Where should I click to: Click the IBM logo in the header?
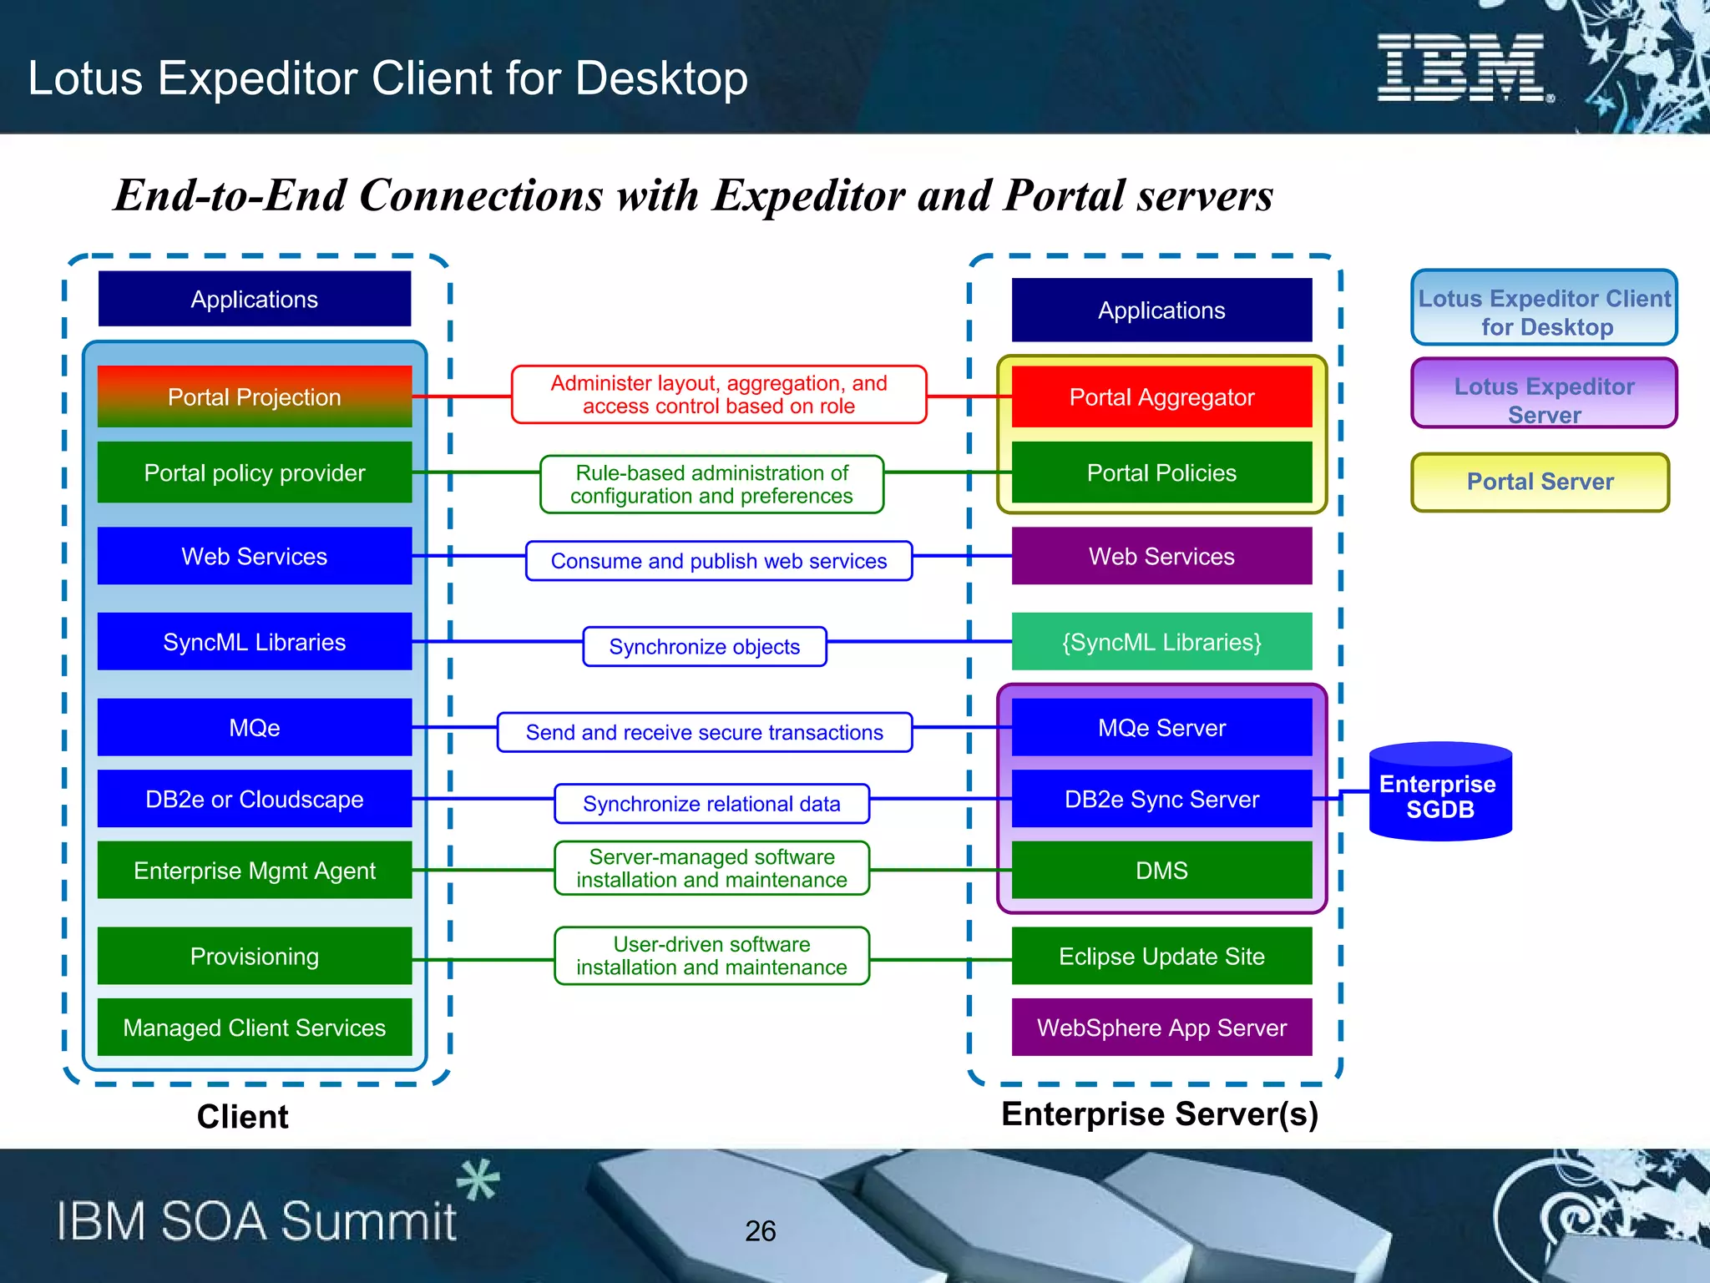tap(1463, 68)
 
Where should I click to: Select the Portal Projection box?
tap(255, 397)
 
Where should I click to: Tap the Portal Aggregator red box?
tap(1161, 397)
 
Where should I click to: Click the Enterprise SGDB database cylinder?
tap(1440, 793)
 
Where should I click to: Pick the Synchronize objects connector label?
tap(704, 647)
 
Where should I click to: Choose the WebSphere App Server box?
tap(1161, 1028)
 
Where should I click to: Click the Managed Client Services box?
tap(255, 1028)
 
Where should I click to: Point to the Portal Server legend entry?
tap(1540, 482)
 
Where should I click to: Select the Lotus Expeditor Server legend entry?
tap(1544, 393)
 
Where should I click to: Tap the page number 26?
tap(760, 1231)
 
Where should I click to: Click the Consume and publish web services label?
tap(718, 561)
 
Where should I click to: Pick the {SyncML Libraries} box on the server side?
tap(1161, 642)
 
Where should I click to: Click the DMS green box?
tap(1161, 871)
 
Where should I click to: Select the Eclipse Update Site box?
tap(1161, 956)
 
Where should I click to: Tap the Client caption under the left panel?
tap(242, 1117)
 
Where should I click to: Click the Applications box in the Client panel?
tap(255, 299)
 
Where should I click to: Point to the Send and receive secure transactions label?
tap(704, 732)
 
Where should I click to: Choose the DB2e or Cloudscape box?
tap(255, 799)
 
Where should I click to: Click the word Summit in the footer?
tap(367, 1221)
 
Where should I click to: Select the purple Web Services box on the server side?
tap(1161, 556)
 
